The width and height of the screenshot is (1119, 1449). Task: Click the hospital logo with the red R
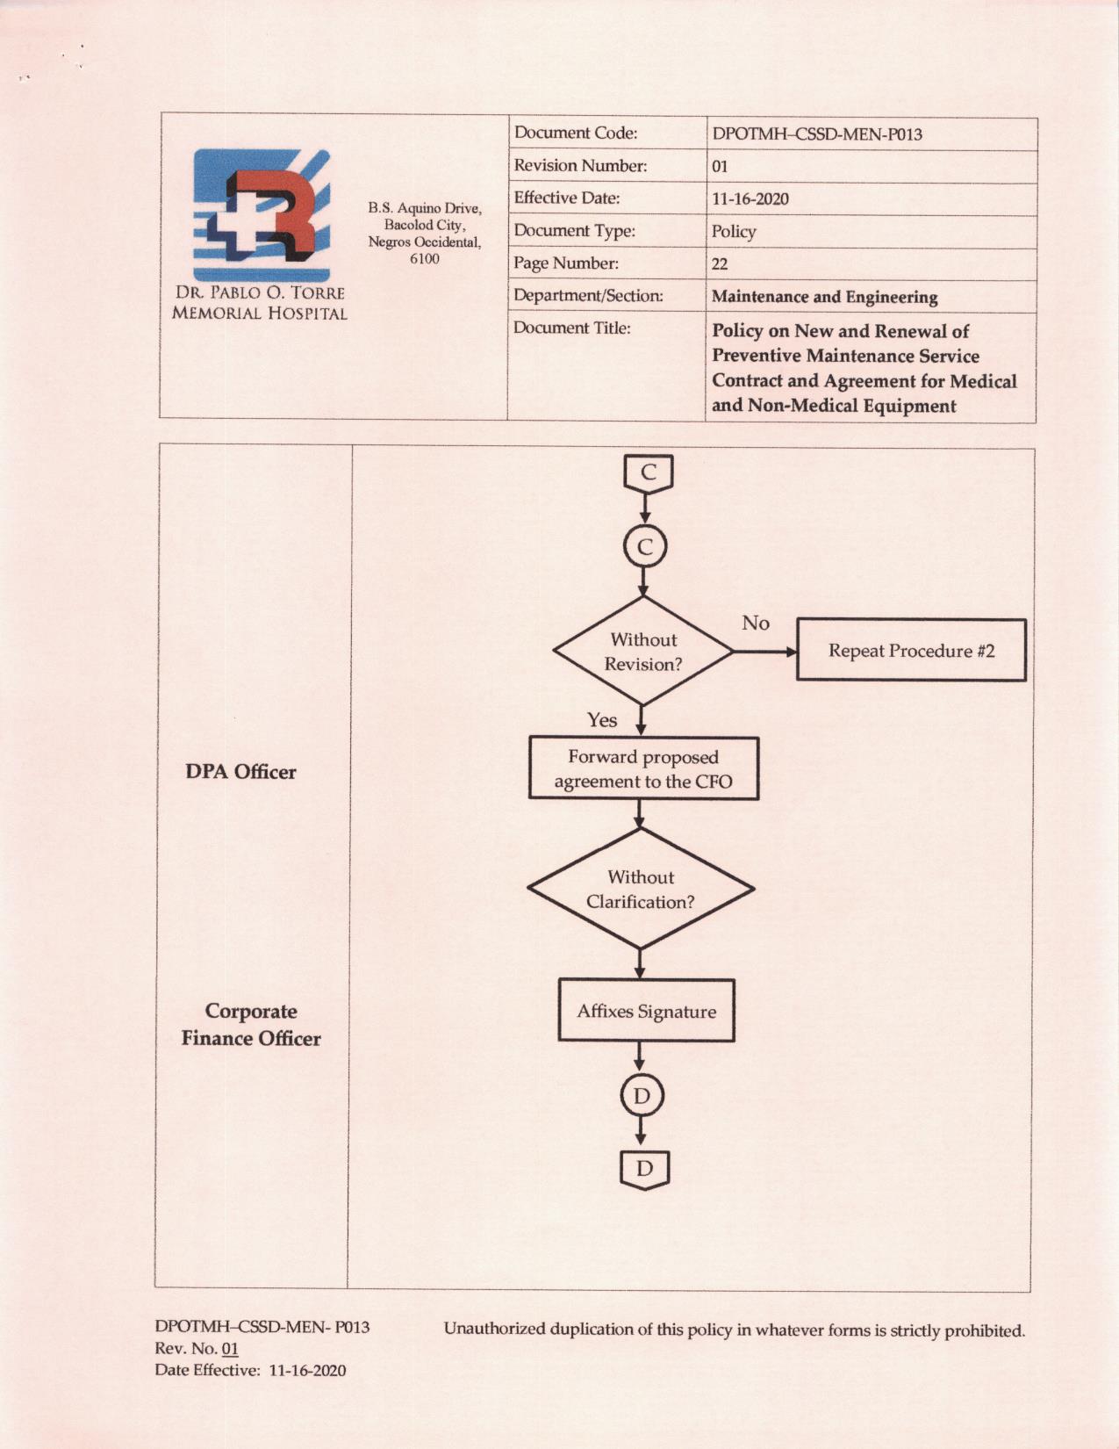tap(262, 215)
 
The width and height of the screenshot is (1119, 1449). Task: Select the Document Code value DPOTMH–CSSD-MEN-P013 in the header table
tap(817, 134)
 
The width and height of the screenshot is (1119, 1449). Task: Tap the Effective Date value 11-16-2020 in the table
tap(750, 198)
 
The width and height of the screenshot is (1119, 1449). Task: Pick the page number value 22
tap(720, 264)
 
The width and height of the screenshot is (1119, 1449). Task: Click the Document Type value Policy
tap(734, 231)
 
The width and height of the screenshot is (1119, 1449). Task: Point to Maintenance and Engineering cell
tap(824, 297)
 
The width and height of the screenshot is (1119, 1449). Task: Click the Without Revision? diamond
tap(643, 651)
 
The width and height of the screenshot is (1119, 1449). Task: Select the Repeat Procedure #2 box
tap(911, 650)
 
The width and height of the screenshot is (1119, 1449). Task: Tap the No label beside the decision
tap(756, 623)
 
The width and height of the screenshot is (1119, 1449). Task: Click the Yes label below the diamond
tap(602, 720)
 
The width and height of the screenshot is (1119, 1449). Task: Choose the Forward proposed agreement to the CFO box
tap(643, 768)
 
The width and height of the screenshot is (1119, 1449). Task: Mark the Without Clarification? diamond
tap(641, 889)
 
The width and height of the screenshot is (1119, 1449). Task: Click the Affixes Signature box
tap(647, 1012)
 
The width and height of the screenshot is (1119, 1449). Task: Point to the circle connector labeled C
tap(645, 547)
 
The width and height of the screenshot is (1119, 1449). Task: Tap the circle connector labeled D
tap(642, 1096)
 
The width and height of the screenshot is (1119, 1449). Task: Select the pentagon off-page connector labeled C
tap(648, 474)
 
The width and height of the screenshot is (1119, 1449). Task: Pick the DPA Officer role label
tap(240, 772)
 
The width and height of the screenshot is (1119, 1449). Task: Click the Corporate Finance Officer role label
tap(251, 1025)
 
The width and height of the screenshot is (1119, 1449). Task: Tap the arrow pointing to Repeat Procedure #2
tap(765, 652)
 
